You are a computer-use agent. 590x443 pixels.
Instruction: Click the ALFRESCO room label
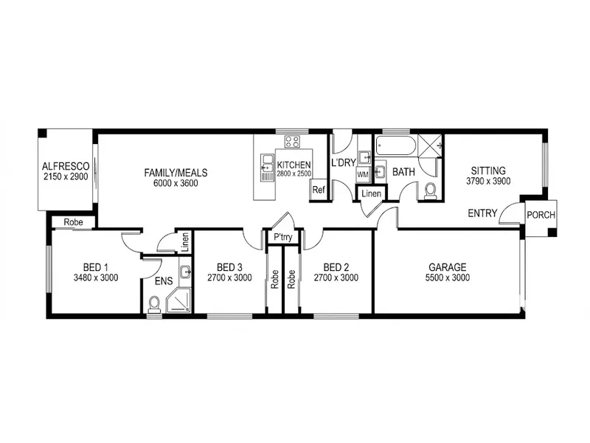point(66,167)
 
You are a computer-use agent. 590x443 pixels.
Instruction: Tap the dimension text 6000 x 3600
point(176,183)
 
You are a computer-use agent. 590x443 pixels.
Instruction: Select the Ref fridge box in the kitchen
point(319,190)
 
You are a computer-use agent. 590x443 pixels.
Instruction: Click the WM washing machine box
point(363,174)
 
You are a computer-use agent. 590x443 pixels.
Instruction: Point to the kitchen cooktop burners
point(292,142)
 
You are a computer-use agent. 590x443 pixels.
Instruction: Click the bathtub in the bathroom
point(395,146)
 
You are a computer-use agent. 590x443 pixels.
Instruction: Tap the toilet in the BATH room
point(429,191)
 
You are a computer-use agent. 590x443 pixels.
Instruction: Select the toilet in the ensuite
point(154,304)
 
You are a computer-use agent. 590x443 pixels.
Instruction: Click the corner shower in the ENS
point(178,301)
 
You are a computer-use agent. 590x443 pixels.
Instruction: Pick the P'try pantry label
point(283,237)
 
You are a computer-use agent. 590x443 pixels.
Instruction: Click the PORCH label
point(541,215)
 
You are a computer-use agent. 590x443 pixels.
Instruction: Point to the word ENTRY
point(482,213)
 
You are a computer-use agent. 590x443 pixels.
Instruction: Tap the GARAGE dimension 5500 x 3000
point(448,278)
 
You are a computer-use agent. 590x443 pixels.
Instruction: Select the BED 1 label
point(96,267)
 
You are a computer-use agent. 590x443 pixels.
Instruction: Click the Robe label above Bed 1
point(73,222)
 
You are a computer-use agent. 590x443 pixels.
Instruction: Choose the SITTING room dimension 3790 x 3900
point(488,181)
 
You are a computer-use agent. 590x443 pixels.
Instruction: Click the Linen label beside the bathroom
point(372,193)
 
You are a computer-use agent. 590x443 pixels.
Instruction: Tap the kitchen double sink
point(267,168)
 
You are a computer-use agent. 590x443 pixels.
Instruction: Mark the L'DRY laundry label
point(344,162)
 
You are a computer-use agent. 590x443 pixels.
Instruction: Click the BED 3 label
point(229,267)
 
